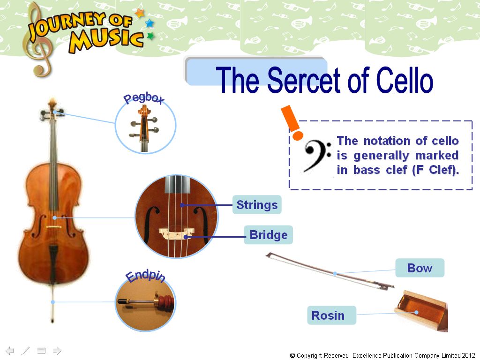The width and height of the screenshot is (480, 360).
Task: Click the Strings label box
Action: click(x=257, y=204)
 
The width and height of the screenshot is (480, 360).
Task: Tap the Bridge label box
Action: click(x=268, y=235)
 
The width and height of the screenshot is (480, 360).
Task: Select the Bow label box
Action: click(x=420, y=268)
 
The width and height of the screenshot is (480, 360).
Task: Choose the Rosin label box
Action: click(x=331, y=315)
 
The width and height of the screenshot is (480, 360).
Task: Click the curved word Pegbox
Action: click(x=144, y=98)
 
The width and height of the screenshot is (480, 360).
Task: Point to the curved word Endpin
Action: click(x=146, y=277)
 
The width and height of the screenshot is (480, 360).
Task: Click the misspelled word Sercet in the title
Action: click(x=304, y=80)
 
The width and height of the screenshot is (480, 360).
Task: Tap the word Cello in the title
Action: click(x=405, y=80)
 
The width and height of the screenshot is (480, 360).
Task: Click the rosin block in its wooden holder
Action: click(x=420, y=310)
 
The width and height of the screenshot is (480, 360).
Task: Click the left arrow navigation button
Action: click(x=10, y=350)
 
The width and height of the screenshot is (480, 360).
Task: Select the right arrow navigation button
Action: click(x=57, y=350)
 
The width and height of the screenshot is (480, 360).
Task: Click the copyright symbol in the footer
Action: click(x=292, y=355)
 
